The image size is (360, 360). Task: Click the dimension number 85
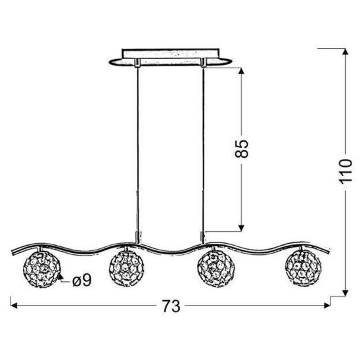click(x=244, y=149)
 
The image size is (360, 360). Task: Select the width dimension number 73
click(x=171, y=305)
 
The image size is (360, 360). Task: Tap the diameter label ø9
click(x=81, y=282)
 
